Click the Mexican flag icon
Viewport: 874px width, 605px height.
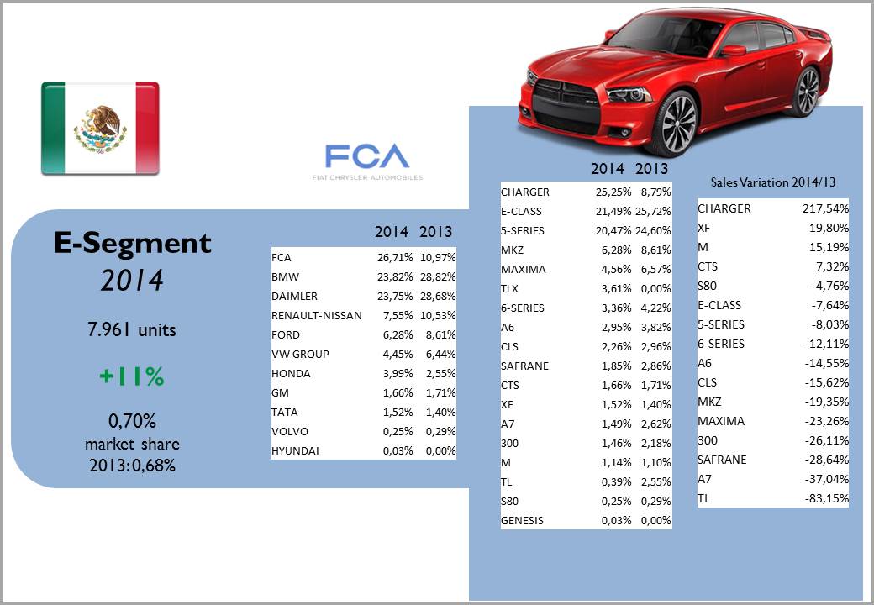(100, 128)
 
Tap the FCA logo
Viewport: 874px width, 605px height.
(366, 157)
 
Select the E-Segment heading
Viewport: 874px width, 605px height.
(133, 243)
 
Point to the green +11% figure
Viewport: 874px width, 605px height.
(131, 377)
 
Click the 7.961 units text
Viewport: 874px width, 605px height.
(132, 330)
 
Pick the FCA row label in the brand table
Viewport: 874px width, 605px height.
(282, 257)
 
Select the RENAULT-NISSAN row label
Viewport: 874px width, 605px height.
(317, 315)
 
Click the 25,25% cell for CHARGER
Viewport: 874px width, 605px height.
(613, 192)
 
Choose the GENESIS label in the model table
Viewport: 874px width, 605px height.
(522, 520)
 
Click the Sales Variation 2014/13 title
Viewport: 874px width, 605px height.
(772, 181)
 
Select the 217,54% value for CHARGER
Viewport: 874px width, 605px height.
(825, 208)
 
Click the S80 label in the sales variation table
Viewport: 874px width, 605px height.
(708, 286)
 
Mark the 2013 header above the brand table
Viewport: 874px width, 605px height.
(435, 232)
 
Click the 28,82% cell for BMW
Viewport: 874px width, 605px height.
(437, 276)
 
